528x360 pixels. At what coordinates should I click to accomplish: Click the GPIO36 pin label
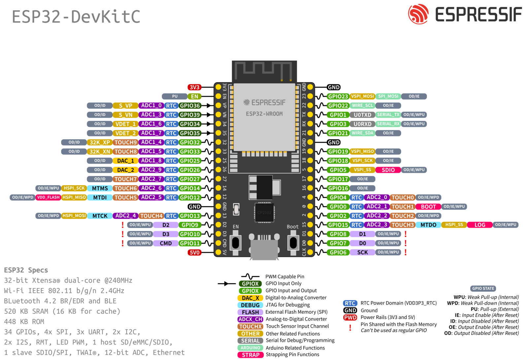[x=190, y=106]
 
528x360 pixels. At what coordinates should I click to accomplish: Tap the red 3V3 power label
[x=194, y=87]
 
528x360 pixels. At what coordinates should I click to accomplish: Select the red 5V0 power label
[x=194, y=252]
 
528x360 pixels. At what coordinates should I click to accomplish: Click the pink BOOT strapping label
[x=428, y=207]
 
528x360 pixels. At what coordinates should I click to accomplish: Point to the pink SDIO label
[x=388, y=170]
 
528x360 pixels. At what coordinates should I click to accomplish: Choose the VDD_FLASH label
[x=48, y=197]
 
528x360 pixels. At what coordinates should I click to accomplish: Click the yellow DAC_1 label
[x=125, y=161]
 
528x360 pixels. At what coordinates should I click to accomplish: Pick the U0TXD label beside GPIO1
[x=362, y=115]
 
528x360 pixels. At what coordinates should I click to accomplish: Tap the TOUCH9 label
[x=125, y=142]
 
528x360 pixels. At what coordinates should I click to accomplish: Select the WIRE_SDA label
[x=362, y=133]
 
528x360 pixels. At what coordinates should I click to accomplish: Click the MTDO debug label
[x=428, y=225]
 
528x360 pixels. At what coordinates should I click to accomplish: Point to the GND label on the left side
[x=194, y=207]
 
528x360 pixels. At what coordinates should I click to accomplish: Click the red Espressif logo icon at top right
[x=418, y=14]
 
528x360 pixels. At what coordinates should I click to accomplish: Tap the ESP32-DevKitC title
[x=76, y=17]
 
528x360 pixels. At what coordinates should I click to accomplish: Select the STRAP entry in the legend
[x=250, y=355]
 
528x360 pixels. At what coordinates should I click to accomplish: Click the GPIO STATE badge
[x=483, y=288]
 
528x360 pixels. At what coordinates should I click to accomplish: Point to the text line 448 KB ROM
[x=24, y=321]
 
